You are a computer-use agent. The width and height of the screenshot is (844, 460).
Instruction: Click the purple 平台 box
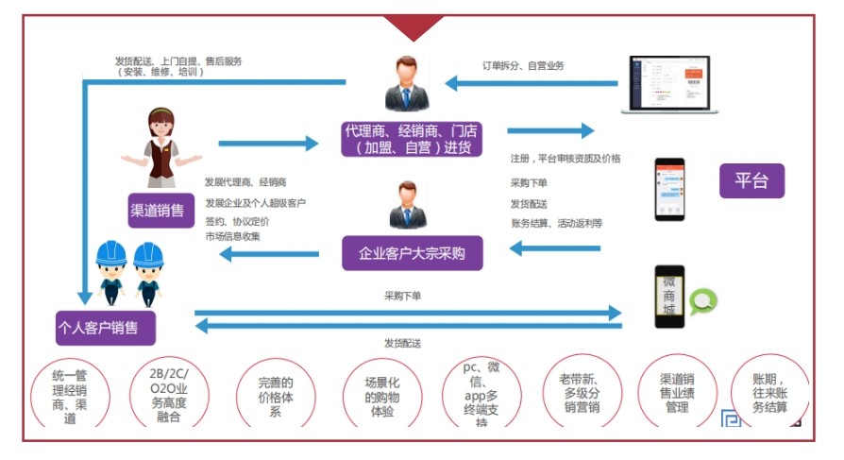tap(751, 180)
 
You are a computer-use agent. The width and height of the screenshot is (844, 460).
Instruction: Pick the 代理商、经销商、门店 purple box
tap(414, 138)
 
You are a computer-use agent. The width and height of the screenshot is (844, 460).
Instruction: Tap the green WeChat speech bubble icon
tap(702, 301)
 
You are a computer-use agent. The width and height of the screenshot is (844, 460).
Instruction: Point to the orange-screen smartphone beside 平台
tap(669, 189)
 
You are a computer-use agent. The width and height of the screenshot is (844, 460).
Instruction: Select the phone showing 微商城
tap(669, 297)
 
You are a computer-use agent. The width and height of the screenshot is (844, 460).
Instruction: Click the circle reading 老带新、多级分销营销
tap(580, 395)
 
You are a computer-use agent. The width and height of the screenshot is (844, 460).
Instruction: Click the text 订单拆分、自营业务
tap(522, 65)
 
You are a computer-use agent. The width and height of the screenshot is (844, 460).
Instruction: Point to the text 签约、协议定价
tap(237, 220)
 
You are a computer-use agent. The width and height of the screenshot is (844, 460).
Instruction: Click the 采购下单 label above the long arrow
tap(403, 296)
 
